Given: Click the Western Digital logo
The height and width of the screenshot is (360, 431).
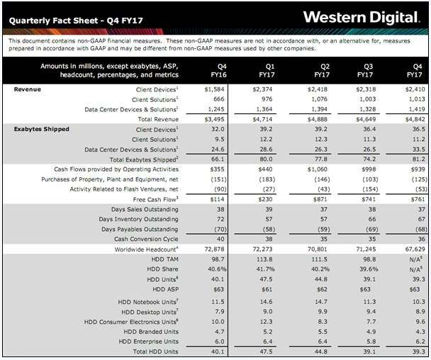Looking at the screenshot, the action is pyautogui.click(x=362, y=18).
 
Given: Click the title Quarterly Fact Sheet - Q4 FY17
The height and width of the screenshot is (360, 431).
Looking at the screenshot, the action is pyautogui.click(x=76, y=21).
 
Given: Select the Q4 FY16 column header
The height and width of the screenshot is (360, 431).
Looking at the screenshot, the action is pyautogui.click(x=219, y=71).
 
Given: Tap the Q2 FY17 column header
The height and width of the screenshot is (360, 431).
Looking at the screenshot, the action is pyautogui.click(x=322, y=71).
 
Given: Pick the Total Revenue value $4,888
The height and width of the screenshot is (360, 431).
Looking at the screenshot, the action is pyautogui.click(x=317, y=119).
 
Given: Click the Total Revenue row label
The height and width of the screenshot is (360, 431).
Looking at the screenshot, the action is pyautogui.click(x=158, y=119).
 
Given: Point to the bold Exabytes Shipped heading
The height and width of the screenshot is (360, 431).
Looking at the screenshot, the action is pyautogui.click(x=42, y=129).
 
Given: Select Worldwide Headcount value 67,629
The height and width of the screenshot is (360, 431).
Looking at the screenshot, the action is pyautogui.click(x=415, y=249).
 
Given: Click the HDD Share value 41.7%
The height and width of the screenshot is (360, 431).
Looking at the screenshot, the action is pyautogui.click(x=265, y=269).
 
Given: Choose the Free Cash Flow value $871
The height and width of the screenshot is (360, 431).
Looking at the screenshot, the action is pyautogui.click(x=320, y=199).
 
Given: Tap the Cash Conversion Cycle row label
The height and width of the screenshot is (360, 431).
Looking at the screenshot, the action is pyautogui.click(x=146, y=239).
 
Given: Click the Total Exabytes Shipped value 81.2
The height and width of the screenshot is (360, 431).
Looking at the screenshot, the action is pyautogui.click(x=419, y=159).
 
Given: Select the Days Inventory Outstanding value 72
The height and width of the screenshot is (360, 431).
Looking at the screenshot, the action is pyautogui.click(x=220, y=219).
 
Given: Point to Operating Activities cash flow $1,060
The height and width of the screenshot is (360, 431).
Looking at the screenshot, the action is pyautogui.click(x=317, y=169).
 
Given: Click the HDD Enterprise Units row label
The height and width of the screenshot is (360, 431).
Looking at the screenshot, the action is pyautogui.click(x=148, y=342).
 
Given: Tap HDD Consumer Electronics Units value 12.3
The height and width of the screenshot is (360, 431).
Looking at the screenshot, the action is pyautogui.click(x=266, y=322).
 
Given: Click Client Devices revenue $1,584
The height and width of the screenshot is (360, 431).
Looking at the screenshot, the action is pyautogui.click(x=214, y=89).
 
